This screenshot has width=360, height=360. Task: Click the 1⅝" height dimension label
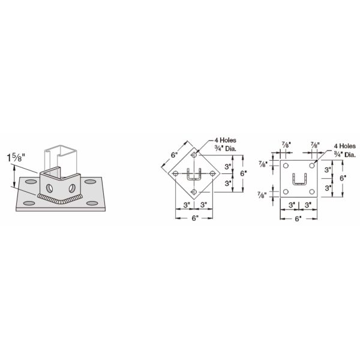click(x=16, y=157)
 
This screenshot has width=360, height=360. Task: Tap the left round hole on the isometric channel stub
click(x=49, y=188)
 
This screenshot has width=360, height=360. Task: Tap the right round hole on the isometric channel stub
click(x=72, y=188)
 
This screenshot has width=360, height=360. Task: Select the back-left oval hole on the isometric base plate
click(x=31, y=182)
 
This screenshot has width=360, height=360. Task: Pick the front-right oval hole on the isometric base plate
click(x=92, y=203)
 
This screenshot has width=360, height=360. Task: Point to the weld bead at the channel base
click(x=60, y=199)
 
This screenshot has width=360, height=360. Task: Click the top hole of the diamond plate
click(x=194, y=155)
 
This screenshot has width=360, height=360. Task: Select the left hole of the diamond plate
click(x=176, y=173)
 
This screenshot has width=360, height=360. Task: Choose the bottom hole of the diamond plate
click(x=194, y=192)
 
